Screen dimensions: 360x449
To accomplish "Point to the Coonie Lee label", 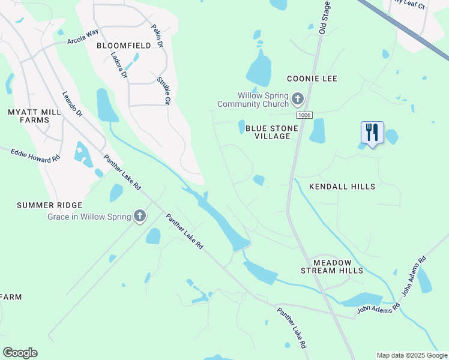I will (312, 79).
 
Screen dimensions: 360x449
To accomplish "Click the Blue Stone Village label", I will (268, 132).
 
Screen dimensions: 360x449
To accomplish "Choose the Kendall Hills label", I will (342, 187).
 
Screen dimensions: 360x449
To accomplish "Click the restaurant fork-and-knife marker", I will (372, 133).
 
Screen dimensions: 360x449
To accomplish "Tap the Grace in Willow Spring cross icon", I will (140, 215).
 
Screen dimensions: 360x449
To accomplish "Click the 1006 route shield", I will (304, 115).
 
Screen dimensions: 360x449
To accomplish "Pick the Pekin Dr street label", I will (157, 36).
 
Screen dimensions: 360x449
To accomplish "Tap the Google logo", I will (20, 353).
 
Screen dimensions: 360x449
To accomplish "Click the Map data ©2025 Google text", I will (411, 355).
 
